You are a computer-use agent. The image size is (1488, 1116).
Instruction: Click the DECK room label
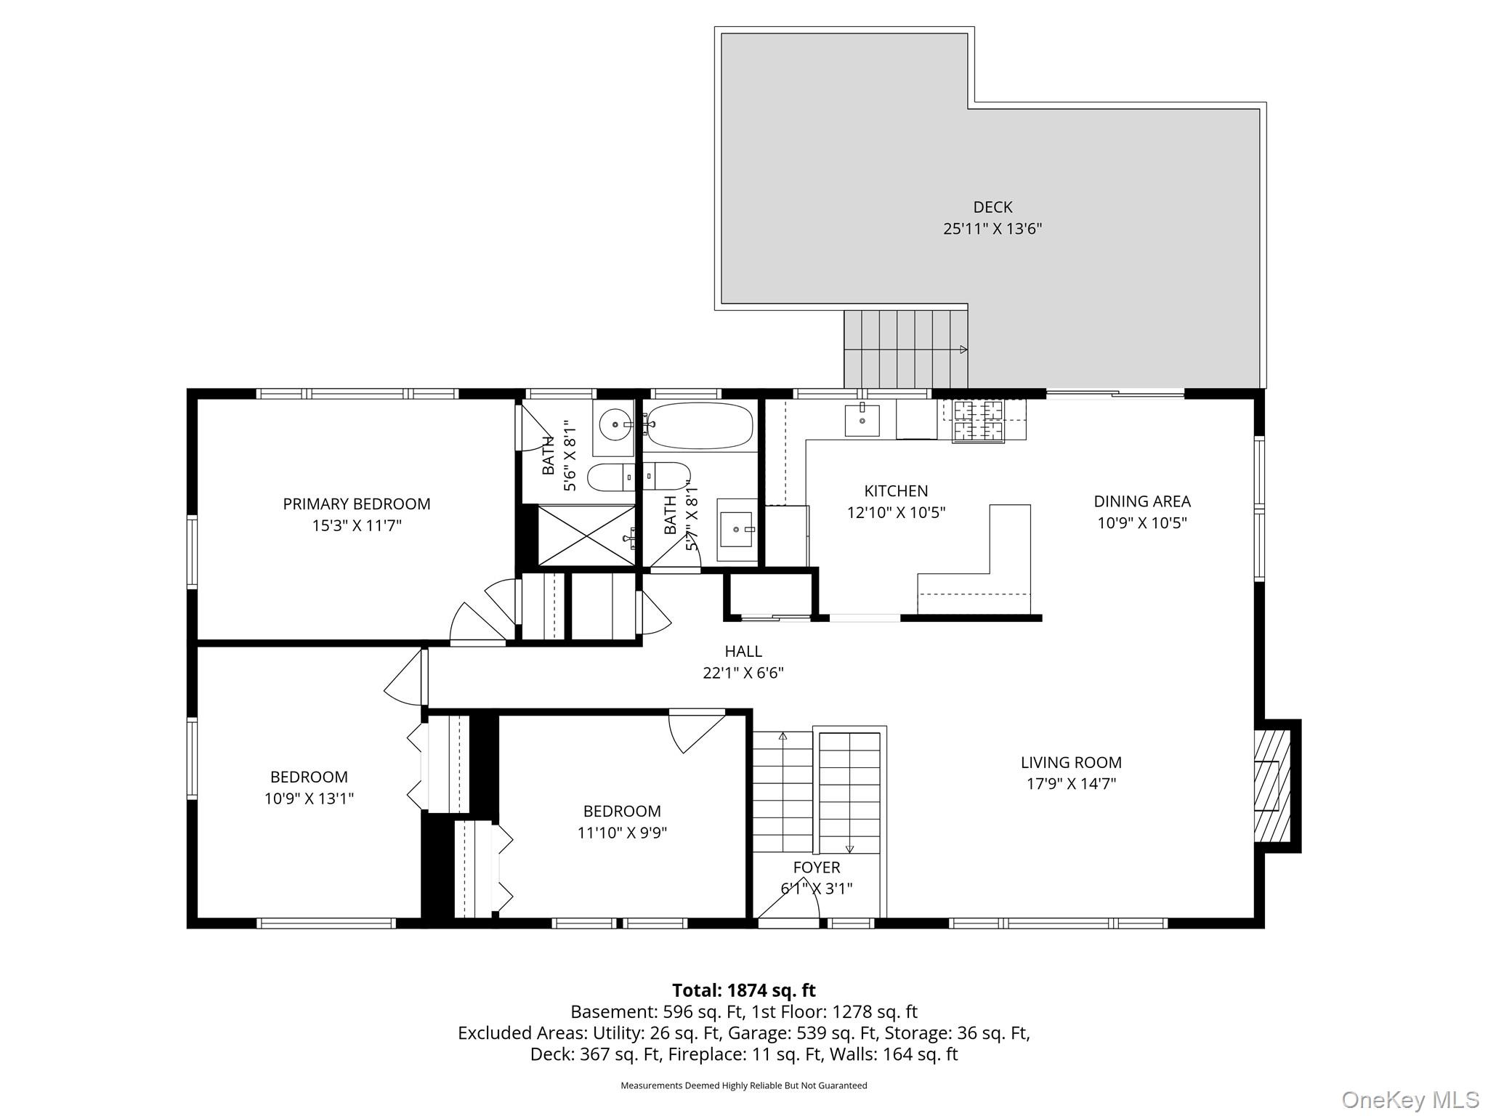[992, 207]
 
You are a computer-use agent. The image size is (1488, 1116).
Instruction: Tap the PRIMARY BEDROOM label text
[356, 504]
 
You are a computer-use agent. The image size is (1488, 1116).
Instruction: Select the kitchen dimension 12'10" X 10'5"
[896, 512]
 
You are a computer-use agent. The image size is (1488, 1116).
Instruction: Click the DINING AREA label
[1141, 501]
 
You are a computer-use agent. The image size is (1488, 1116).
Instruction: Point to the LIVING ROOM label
[1071, 762]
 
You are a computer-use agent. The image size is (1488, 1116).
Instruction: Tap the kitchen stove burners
[978, 421]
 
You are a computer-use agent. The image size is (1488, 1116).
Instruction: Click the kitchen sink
[862, 420]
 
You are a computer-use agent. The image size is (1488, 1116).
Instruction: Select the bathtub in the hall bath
[700, 426]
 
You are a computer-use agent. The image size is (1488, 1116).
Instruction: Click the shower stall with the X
[586, 535]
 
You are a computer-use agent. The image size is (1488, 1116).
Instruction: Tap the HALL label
[743, 651]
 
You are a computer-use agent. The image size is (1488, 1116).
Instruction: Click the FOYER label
[817, 867]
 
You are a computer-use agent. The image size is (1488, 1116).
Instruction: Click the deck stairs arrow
[963, 349]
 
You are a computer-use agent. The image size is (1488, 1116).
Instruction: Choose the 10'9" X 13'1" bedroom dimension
[309, 798]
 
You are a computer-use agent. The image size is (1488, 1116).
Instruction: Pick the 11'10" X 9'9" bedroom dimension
[622, 833]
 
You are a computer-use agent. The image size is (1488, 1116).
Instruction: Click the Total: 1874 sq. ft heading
[743, 990]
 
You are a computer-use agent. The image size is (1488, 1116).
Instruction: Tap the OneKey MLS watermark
[1410, 1099]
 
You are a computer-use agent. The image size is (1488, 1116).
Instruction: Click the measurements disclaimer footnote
[743, 1085]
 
